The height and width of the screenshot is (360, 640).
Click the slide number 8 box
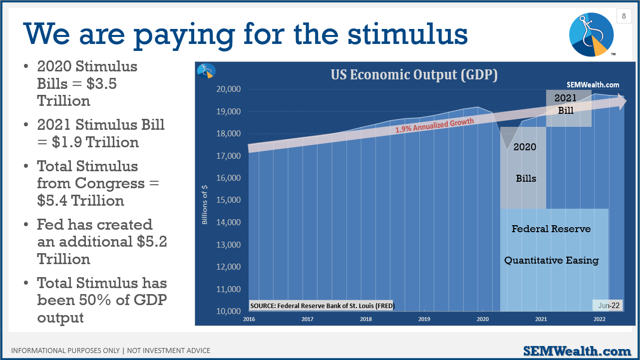[624, 16]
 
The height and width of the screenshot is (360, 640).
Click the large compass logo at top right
[592, 34]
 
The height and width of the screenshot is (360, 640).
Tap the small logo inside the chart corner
[206, 71]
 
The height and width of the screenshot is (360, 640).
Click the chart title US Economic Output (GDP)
[414, 75]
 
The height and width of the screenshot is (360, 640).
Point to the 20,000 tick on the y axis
[228, 89]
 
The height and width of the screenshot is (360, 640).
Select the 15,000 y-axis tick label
[228, 200]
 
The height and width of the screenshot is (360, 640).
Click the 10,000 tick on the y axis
[228, 311]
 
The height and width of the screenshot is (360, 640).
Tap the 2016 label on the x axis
[249, 319]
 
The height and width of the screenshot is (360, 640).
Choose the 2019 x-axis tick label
[424, 319]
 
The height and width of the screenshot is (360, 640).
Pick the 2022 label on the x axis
[599, 319]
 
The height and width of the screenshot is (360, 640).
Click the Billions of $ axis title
[205, 205]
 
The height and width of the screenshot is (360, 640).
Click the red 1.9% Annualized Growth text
[435, 125]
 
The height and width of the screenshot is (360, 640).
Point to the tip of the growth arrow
[627, 100]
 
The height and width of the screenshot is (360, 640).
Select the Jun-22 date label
[609, 306]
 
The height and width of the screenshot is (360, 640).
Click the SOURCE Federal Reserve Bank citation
[322, 306]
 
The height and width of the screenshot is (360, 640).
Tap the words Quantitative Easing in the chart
[551, 260]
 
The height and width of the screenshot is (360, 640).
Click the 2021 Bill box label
[566, 104]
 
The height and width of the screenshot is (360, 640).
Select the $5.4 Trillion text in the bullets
[80, 201]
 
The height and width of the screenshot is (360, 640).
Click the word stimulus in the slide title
[408, 34]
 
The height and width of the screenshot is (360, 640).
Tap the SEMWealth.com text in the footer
[577, 351]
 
